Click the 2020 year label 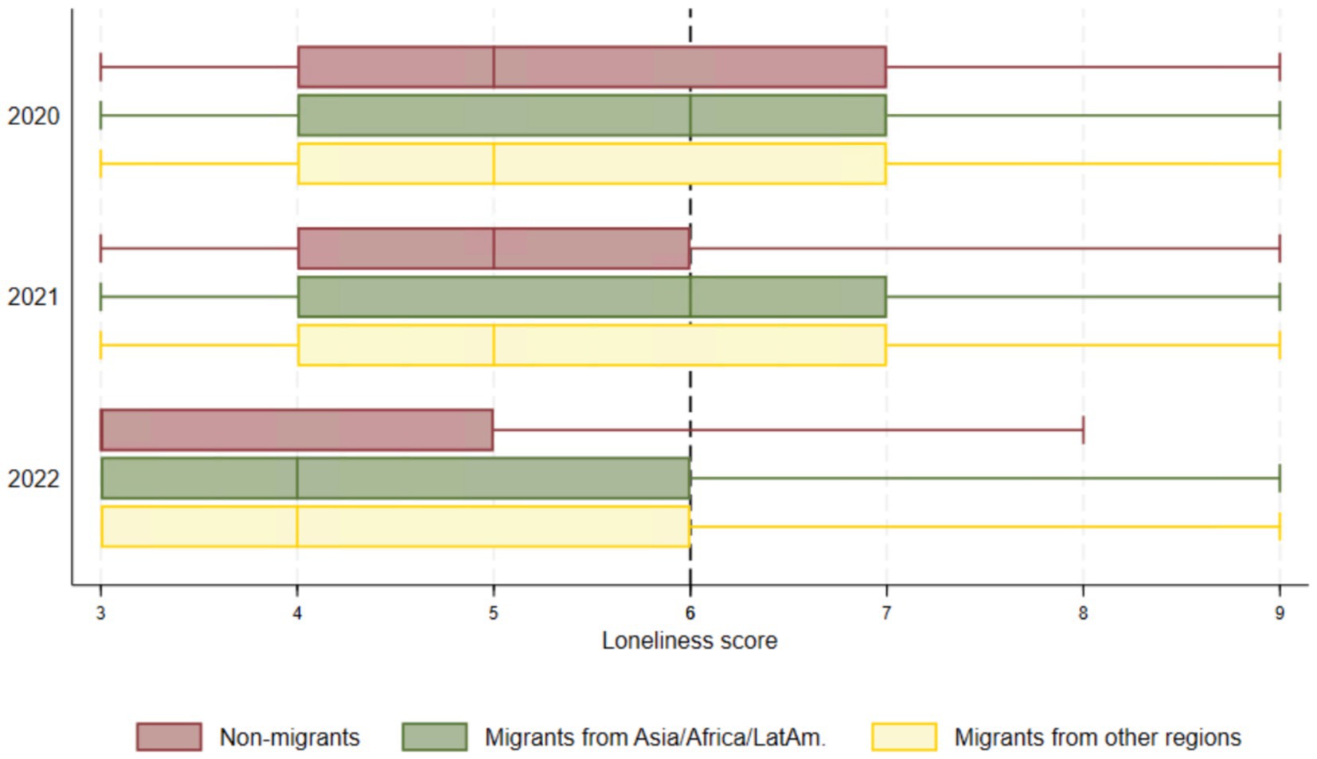pos(33,116)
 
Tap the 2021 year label pos(33,297)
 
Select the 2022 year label pos(33,479)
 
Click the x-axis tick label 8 pos(1083,612)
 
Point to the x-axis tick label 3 pos(100,612)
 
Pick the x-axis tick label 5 pos(494,612)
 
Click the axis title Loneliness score pos(689,640)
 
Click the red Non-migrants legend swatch pos(169,737)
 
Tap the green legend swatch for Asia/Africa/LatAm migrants pos(434,737)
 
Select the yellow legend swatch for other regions pos(904,737)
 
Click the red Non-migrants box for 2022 pos(297,430)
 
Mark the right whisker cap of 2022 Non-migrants pos(1083,430)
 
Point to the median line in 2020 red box pos(494,67)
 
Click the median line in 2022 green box pos(297,478)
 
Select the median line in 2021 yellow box pos(494,345)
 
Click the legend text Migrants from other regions pos(1097,737)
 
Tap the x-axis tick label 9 pos(1280,612)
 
